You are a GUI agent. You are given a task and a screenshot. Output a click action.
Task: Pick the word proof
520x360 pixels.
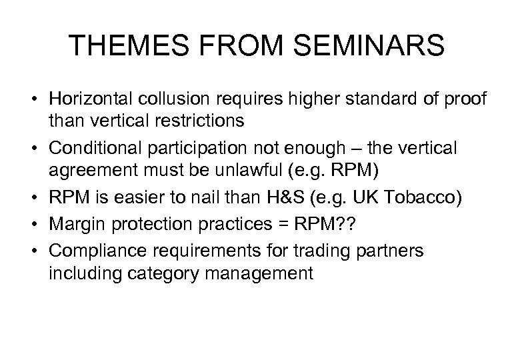click(x=471, y=99)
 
